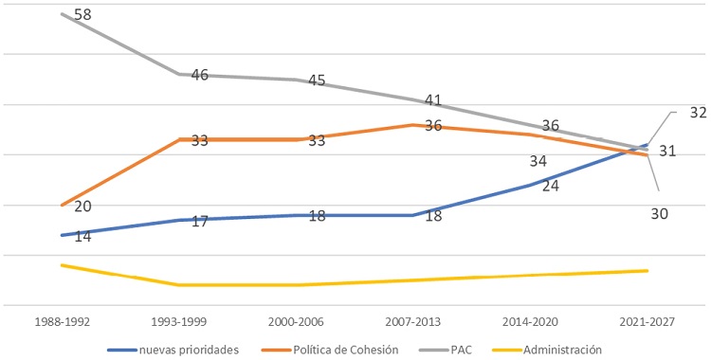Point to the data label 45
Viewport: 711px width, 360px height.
click(317, 81)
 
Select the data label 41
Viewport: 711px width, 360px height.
click(433, 99)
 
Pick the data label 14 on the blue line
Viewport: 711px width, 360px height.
click(82, 236)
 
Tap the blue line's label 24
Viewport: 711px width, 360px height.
click(551, 186)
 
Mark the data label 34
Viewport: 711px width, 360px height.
click(538, 161)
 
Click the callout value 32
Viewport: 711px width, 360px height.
click(698, 113)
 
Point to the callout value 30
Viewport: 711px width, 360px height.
click(660, 214)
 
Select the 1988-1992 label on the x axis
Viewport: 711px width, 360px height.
click(61, 323)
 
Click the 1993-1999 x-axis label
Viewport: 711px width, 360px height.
click(178, 323)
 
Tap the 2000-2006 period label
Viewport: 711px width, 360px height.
click(296, 323)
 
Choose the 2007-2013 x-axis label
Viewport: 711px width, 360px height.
click(413, 323)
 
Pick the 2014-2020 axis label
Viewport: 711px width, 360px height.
click(530, 323)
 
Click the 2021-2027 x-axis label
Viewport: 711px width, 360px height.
click(647, 323)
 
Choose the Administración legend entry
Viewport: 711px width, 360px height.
click(563, 349)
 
